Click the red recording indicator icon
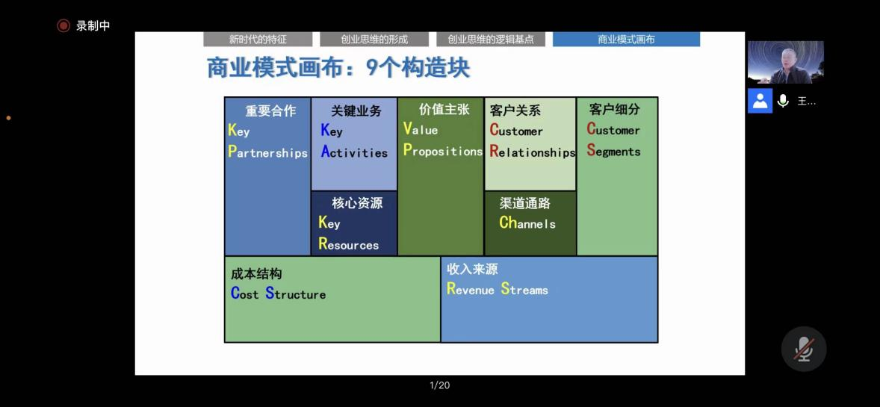pyautogui.click(x=63, y=25)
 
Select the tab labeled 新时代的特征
pyautogui.click(x=258, y=40)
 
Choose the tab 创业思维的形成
pyautogui.click(x=374, y=40)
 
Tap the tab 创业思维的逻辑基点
pyautogui.click(x=491, y=40)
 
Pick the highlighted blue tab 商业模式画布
pyautogui.click(x=626, y=40)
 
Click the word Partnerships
pyautogui.click(x=267, y=152)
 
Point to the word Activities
pyautogui.click(x=354, y=152)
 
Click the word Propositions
pyautogui.click(x=443, y=151)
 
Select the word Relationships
pyautogui.click(x=533, y=152)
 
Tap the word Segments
pyautogui.click(x=613, y=150)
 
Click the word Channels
pyautogui.click(x=527, y=223)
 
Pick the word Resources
pyautogui.click(x=349, y=244)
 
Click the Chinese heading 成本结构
pyautogui.click(x=256, y=274)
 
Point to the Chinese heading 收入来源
pyautogui.click(x=473, y=269)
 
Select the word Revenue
pyautogui.click(x=471, y=289)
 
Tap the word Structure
pyautogui.click(x=295, y=293)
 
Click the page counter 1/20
pyautogui.click(x=439, y=385)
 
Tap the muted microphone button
pyautogui.click(x=804, y=349)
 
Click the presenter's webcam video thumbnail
pyautogui.click(x=785, y=62)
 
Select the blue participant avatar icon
pyautogui.click(x=760, y=101)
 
